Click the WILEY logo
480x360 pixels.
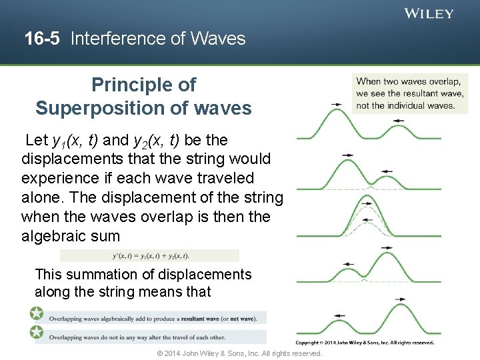tap(429, 13)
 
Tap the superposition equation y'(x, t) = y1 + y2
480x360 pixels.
tap(149, 255)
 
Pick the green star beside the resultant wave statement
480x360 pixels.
tap(36, 313)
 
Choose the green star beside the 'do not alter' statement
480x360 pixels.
tap(36, 332)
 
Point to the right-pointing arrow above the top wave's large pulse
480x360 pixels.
tap(337, 105)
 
